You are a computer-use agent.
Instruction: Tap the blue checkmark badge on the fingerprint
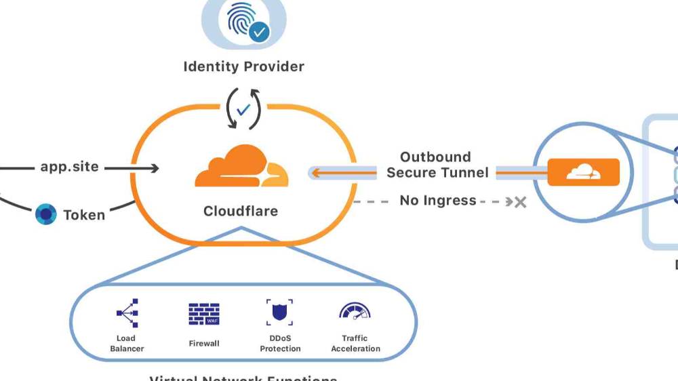coord(258,31)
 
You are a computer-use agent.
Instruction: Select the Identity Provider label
coord(243,66)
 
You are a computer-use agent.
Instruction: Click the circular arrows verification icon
coord(243,108)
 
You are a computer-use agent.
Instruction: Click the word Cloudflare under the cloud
coord(241,211)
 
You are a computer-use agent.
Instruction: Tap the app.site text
coord(69,166)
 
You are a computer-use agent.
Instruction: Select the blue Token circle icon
coord(45,214)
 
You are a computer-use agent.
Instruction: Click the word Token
coord(84,215)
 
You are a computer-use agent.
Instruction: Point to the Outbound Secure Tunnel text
coord(437,165)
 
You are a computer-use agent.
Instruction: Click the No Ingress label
coord(437,201)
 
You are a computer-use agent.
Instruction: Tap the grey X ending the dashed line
coord(520,201)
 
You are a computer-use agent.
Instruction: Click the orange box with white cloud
coord(583,172)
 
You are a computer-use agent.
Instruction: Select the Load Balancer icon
coord(127,313)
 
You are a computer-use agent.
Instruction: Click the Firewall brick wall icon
coord(204,314)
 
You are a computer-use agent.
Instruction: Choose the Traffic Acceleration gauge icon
coord(355,312)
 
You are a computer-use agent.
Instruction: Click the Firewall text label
coord(204,344)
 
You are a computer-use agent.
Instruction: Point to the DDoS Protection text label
coord(280,344)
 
